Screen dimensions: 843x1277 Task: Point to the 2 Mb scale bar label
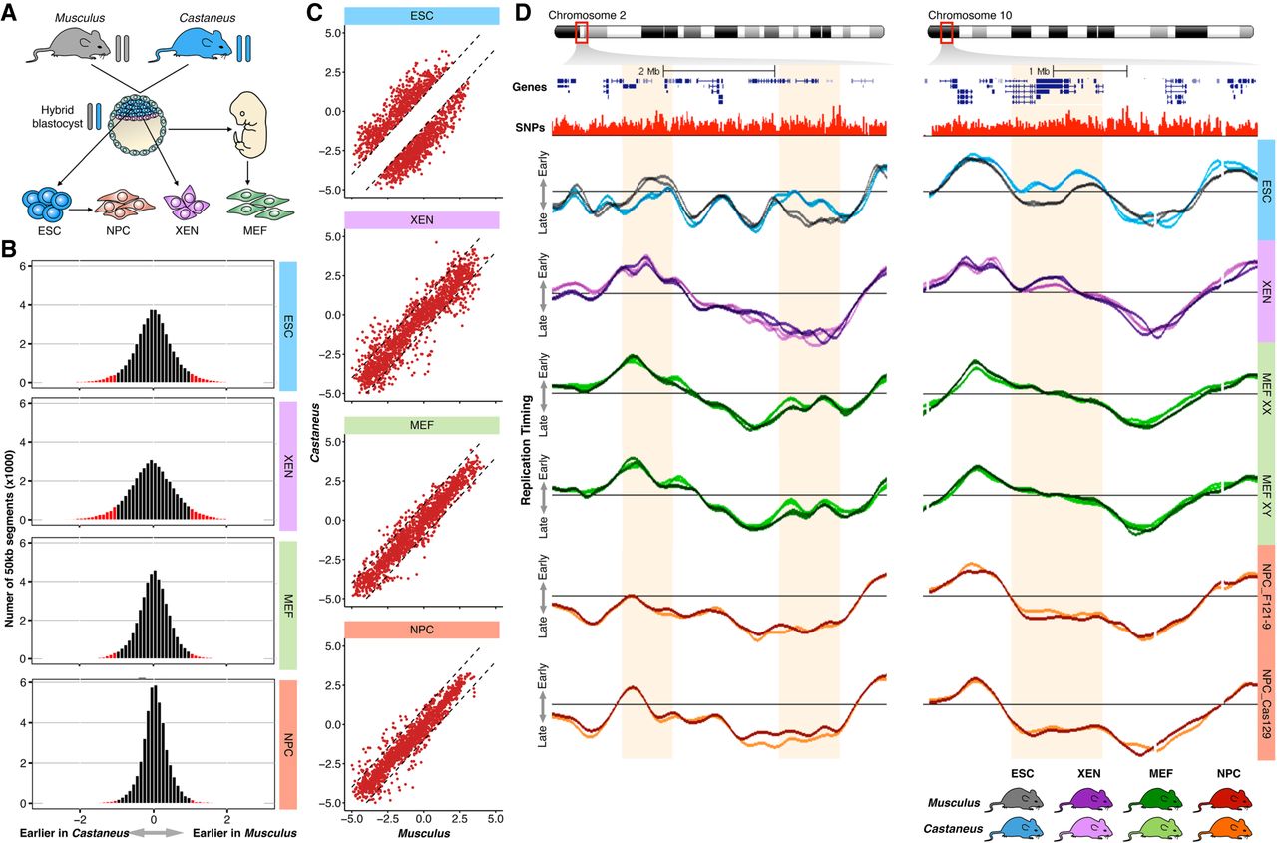pyautogui.click(x=648, y=72)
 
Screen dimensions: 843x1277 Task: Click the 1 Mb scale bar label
pyautogui.click(x=1039, y=72)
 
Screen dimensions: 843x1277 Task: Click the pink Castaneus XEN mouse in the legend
pyautogui.click(x=1089, y=826)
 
